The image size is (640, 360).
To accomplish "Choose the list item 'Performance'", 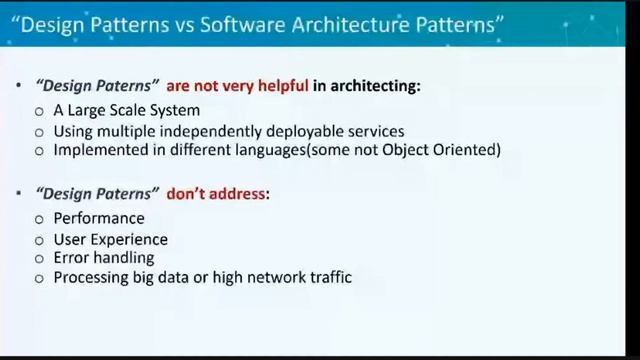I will (x=99, y=218).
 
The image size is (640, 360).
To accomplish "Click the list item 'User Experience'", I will (x=110, y=239).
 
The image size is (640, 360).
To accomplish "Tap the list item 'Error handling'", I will (x=104, y=257).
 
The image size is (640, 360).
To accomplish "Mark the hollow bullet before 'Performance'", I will (x=39, y=219).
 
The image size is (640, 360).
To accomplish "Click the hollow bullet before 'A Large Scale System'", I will (x=39, y=112).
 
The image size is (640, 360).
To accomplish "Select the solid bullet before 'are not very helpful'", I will (x=19, y=87).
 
